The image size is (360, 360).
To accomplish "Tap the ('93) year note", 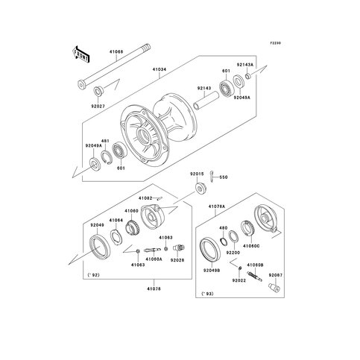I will pos(212,297).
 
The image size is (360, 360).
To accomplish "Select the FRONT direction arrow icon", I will pos(81,55).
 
